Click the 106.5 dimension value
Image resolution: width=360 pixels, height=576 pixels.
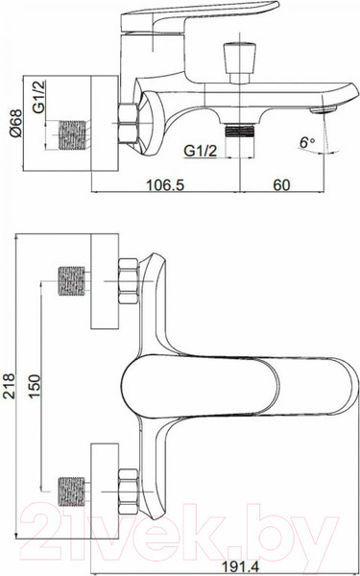coord(165,184)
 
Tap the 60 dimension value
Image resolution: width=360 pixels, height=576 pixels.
coord(281,184)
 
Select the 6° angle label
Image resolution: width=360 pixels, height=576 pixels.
coord(307,142)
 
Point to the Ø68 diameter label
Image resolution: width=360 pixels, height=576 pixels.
coord(16,123)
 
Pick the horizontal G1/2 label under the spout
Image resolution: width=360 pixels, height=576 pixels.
coord(201,151)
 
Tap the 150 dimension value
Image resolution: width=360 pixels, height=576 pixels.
coord(35,386)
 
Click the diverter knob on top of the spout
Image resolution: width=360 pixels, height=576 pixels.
coord(239,62)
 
